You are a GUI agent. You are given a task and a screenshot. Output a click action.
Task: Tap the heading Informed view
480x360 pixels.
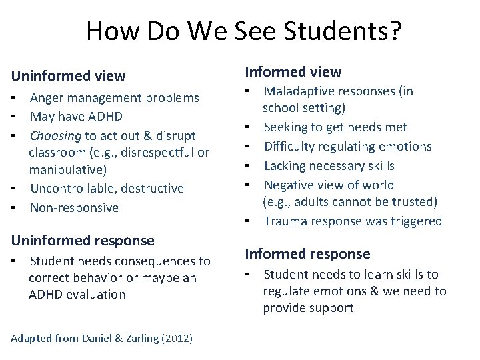(293, 71)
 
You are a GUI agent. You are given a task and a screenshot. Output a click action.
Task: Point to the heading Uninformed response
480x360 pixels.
(82, 240)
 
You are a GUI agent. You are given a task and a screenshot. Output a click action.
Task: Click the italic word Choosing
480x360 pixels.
(55, 135)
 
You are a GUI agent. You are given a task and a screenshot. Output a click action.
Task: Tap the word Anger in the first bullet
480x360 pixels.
(47, 99)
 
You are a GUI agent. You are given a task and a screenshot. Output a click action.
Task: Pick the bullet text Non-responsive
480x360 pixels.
(74, 207)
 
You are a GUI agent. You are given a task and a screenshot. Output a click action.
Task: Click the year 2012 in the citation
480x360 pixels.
(176, 339)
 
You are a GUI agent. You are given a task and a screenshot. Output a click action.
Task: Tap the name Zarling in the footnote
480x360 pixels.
(139, 339)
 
